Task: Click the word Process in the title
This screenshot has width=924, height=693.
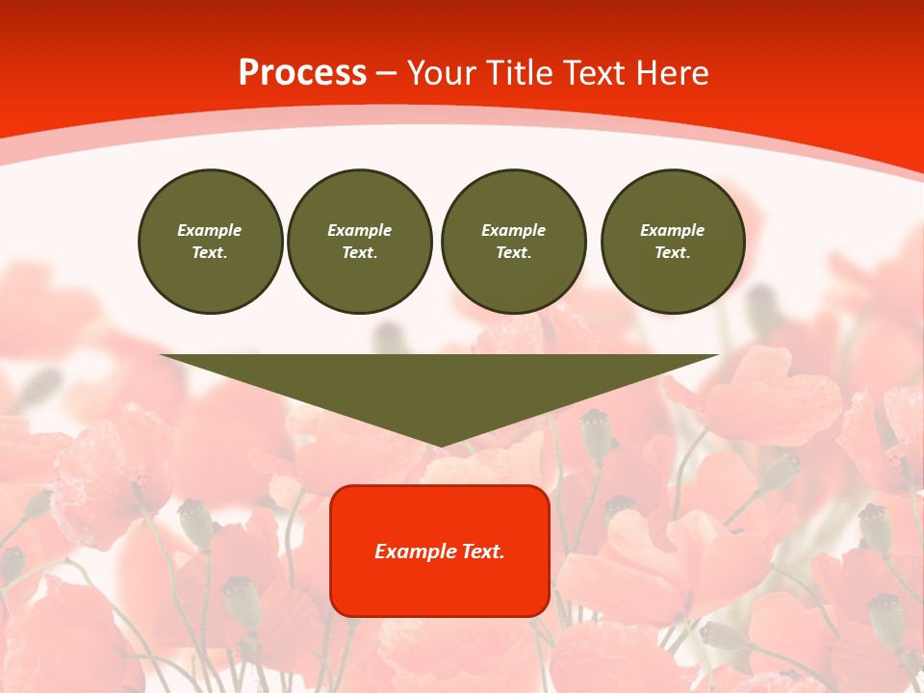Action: [x=302, y=73]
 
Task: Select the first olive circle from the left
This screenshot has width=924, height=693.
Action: [x=210, y=241]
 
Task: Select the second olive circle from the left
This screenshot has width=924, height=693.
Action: [x=360, y=241]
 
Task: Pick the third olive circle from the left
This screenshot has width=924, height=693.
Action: [x=513, y=241]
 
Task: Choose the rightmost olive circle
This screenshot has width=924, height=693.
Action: [x=673, y=241]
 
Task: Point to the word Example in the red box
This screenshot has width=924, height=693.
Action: [x=416, y=552]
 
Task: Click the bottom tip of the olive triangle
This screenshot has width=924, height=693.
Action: [x=440, y=444]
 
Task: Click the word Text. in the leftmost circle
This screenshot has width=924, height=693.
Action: [x=210, y=252]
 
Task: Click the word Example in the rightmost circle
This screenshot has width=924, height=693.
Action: [x=673, y=230]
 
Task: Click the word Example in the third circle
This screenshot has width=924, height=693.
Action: [x=513, y=230]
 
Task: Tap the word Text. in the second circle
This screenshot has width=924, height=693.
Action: [x=360, y=252]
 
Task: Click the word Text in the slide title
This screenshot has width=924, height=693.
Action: [x=595, y=73]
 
